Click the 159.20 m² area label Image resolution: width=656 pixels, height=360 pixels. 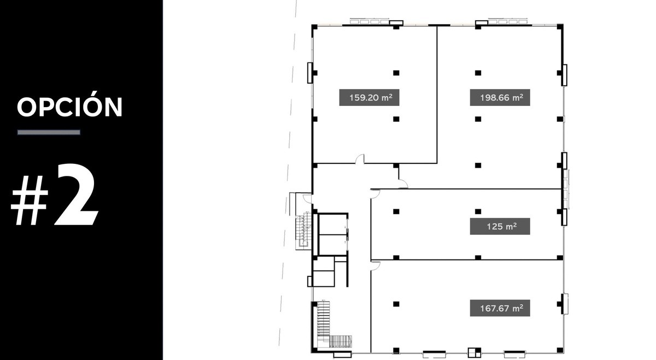[x=369, y=97]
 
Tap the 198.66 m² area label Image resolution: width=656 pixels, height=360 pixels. [x=500, y=97]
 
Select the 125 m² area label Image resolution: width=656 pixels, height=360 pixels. [x=500, y=226]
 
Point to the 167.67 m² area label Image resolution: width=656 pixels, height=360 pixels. [x=500, y=308]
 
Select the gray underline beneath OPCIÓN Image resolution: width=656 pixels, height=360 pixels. [x=49, y=132]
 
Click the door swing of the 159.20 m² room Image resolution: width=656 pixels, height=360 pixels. [x=360, y=159]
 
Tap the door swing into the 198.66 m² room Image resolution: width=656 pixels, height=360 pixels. [x=403, y=184]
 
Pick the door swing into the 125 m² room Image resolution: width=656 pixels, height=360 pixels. [x=375, y=194]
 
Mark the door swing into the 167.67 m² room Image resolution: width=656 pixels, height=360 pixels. [x=375, y=265]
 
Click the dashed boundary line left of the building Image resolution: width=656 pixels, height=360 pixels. [x=288, y=175]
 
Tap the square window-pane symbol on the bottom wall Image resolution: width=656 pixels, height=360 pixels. [x=474, y=352]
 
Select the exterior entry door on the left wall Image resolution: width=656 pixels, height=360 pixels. [x=307, y=198]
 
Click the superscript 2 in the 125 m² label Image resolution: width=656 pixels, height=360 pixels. [x=514, y=224]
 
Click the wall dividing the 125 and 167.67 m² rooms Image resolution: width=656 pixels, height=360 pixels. [x=467, y=259]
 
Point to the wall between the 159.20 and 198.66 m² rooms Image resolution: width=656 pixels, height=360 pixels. [x=437, y=95]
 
